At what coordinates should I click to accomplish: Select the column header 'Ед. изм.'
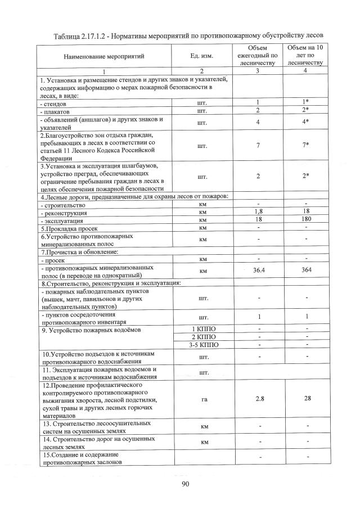(x=202, y=56)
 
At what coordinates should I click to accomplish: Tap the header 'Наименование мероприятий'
(x=104, y=56)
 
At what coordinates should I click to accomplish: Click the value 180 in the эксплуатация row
(x=307, y=220)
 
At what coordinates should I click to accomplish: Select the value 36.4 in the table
(x=259, y=271)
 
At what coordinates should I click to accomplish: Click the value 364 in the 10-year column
(x=307, y=271)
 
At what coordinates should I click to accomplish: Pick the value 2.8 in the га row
(x=259, y=399)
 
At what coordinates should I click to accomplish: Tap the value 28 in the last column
(x=307, y=399)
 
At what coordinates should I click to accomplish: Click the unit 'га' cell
(x=204, y=399)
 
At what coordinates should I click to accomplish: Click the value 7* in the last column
(x=307, y=146)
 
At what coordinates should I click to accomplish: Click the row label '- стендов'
(x=54, y=104)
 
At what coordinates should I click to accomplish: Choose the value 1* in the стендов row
(x=307, y=102)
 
